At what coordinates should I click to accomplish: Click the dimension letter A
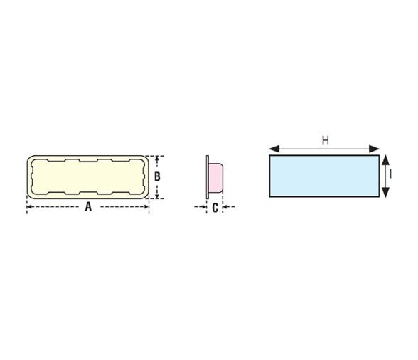[88, 208]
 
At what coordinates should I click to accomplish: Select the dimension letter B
[157, 176]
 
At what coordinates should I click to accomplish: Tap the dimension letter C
[215, 208]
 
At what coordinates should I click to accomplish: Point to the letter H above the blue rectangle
[325, 140]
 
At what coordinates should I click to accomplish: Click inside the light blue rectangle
[323, 176]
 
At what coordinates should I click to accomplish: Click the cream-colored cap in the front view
[88, 176]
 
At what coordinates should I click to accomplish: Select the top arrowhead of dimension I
[385, 159]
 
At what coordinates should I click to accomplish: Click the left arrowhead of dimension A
[30, 208]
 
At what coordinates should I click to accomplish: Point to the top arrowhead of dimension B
[157, 159]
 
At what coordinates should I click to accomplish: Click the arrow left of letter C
[200, 208]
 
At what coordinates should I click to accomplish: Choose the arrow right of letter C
[229, 208]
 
